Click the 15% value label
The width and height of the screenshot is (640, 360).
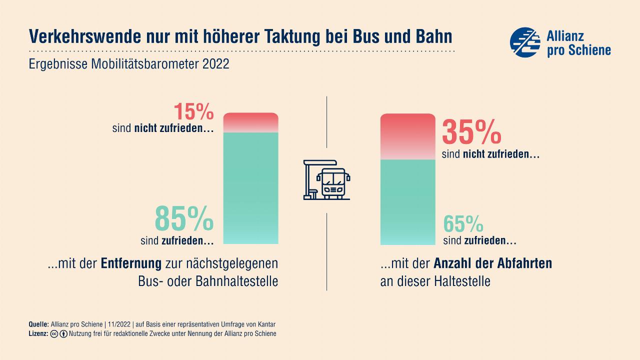pyautogui.click(x=193, y=112)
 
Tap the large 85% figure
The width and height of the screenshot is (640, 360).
pyautogui.click(x=184, y=217)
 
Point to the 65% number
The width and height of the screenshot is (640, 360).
pyautogui.click(x=463, y=224)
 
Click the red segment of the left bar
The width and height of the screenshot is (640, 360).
pyautogui.click(x=250, y=122)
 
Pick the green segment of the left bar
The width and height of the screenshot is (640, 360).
pyautogui.click(x=250, y=188)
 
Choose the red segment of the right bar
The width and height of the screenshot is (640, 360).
pyautogui.click(x=407, y=136)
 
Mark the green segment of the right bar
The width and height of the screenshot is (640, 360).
pyautogui.click(x=407, y=202)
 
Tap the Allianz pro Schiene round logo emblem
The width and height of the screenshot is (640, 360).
pyautogui.click(x=525, y=42)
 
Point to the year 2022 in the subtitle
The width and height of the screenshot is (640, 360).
pyautogui.click(x=216, y=64)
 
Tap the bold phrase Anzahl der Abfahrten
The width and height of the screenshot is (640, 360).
pyautogui.click(x=492, y=263)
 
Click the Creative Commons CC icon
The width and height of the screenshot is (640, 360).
pyautogui.click(x=54, y=333)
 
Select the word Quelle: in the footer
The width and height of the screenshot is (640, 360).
pyautogui.click(x=39, y=324)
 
